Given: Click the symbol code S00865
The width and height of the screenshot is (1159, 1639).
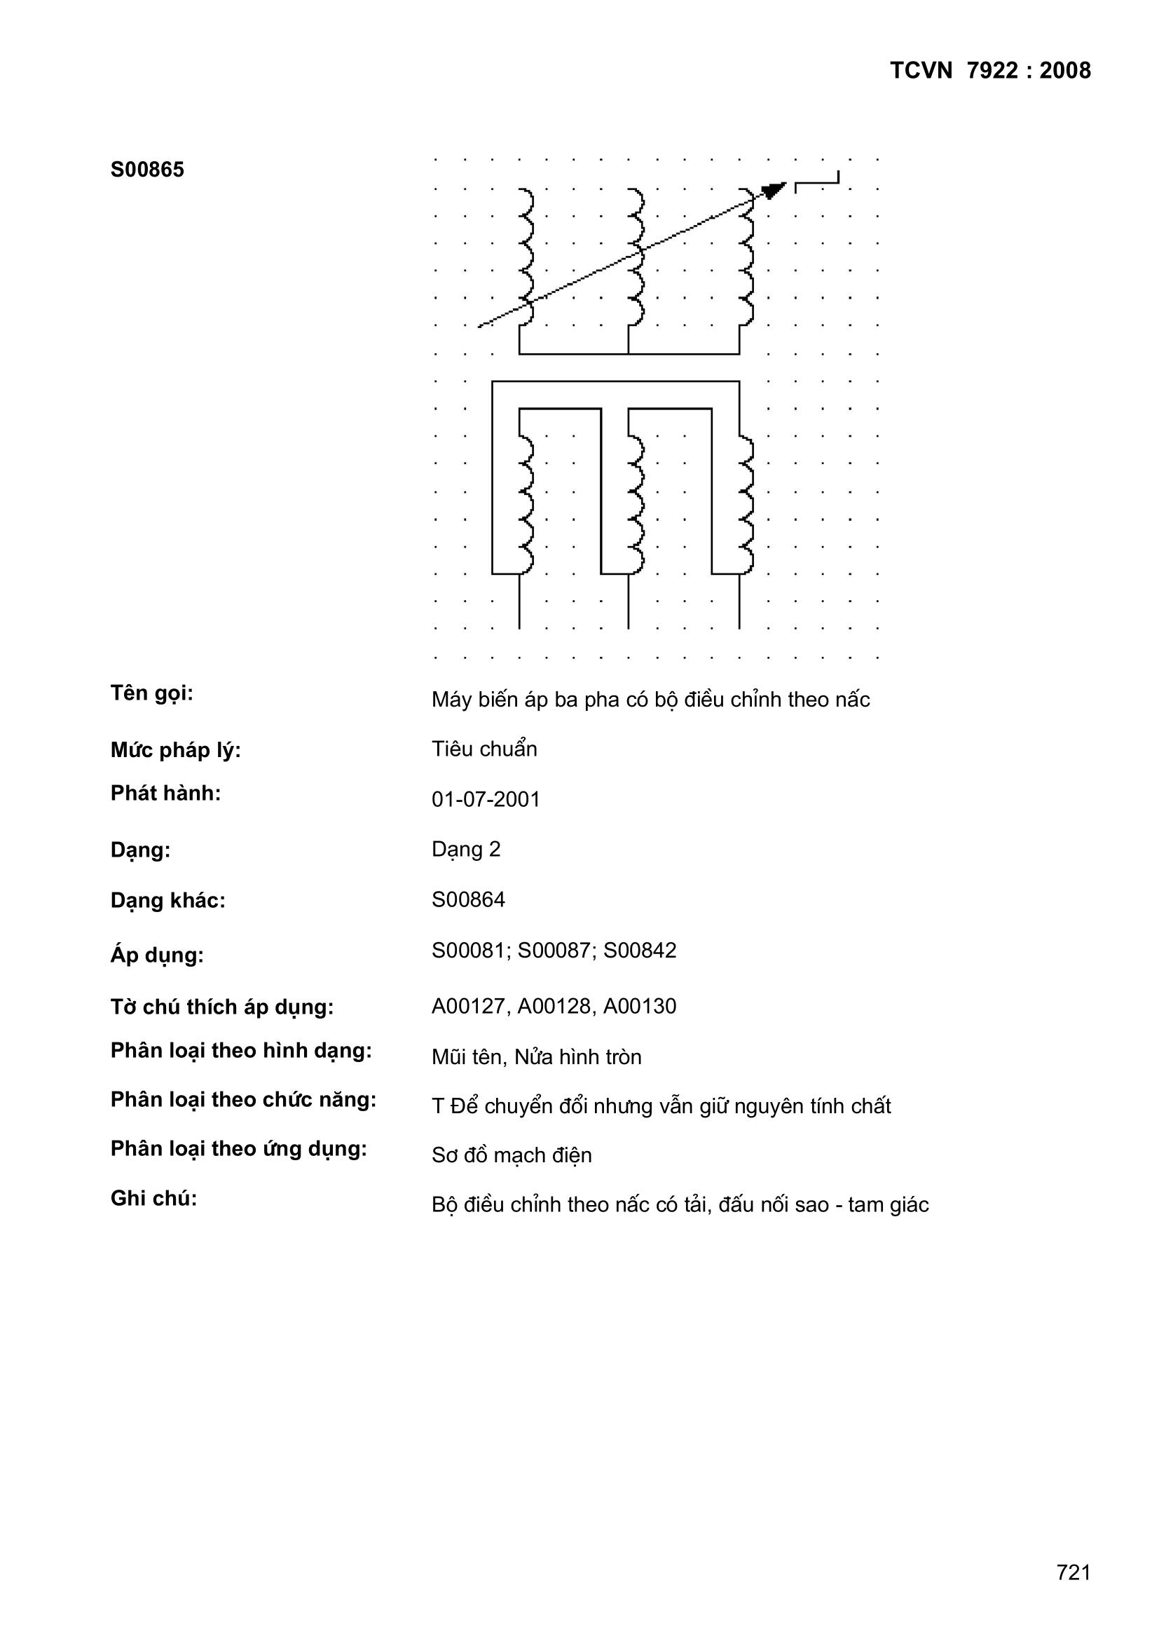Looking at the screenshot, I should (147, 170).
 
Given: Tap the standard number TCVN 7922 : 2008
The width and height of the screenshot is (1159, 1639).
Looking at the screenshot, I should (990, 71).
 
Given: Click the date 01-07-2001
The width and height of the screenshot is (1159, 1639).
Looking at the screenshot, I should (486, 798).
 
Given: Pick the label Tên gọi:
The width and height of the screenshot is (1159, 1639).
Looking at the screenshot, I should (152, 693).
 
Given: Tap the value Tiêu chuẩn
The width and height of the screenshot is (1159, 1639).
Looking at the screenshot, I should (484, 749).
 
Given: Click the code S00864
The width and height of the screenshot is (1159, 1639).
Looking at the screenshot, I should (468, 899).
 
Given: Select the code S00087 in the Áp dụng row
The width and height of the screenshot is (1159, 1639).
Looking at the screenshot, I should (554, 951).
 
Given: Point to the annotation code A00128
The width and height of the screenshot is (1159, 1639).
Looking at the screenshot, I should (554, 1007).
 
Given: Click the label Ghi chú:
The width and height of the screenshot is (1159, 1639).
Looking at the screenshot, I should (153, 1199).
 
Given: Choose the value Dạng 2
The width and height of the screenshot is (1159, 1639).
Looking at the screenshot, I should (466, 850).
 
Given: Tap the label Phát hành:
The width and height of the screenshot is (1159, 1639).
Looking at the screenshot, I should (165, 793).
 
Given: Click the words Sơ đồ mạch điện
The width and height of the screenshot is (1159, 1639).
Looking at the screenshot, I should (512, 1155).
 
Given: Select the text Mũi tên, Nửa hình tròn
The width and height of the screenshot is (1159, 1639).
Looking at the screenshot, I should (536, 1056).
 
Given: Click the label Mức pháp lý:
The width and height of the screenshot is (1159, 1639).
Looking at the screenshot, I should (176, 750).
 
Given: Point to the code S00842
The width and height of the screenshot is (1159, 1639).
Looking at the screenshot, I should (640, 951).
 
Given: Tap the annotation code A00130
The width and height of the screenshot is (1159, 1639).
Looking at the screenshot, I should (640, 1007).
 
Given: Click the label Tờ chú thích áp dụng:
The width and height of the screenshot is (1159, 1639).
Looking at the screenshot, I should (222, 1007).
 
